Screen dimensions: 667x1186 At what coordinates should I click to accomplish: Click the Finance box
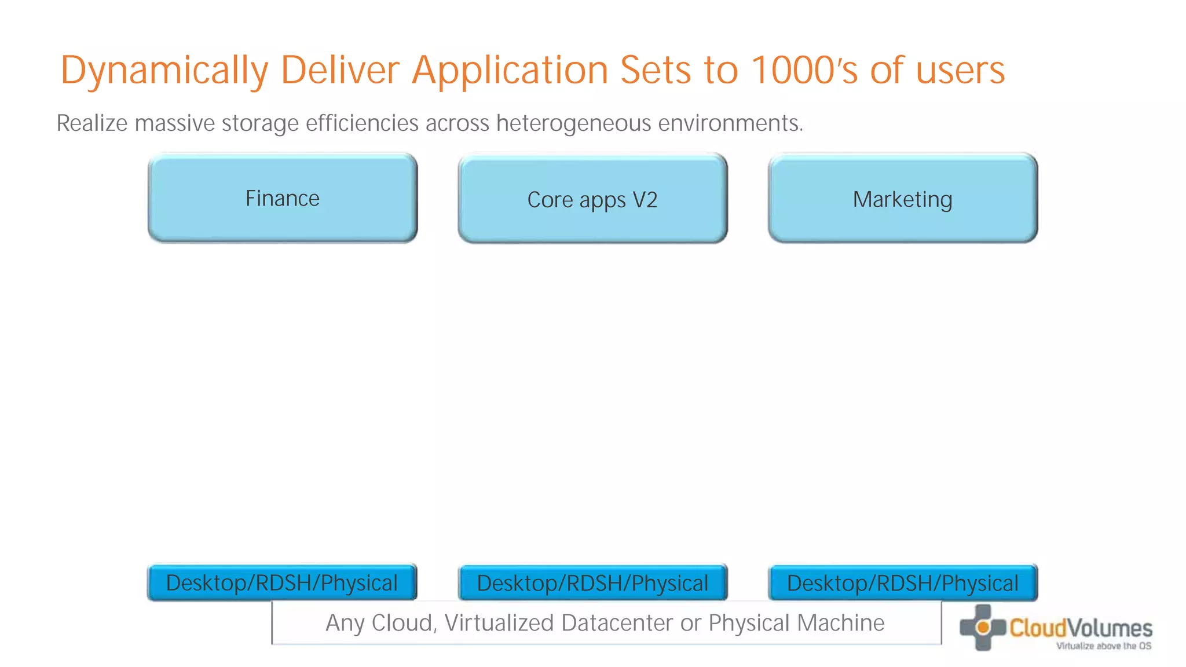(x=283, y=198)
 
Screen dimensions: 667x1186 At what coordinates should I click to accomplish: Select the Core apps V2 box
(x=592, y=199)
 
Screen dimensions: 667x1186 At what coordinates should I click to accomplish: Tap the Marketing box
(x=902, y=199)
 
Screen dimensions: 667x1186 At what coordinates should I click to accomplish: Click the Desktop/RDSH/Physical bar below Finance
(x=282, y=582)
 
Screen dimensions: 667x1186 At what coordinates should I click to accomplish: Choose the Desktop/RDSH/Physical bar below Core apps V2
(x=592, y=583)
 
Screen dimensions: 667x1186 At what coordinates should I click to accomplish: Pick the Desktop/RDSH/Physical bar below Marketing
(x=902, y=583)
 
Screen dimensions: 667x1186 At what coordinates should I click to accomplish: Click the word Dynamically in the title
(x=164, y=71)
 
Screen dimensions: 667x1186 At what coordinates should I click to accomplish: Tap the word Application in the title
(x=510, y=71)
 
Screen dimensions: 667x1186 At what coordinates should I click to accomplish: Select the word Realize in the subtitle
(x=92, y=123)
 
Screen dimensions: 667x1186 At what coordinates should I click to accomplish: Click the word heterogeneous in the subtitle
(x=573, y=123)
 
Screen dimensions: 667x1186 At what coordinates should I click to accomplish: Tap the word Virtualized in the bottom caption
(x=499, y=623)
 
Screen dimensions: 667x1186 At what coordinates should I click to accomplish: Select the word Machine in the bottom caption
(x=840, y=623)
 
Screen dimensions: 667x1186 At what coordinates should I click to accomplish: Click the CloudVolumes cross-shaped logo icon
(x=982, y=628)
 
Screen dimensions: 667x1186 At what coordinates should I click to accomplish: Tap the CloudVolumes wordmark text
(x=1081, y=628)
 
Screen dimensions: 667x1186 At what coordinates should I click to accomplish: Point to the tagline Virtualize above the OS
(x=1104, y=646)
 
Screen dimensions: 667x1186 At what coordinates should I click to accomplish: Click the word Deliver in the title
(x=340, y=71)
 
